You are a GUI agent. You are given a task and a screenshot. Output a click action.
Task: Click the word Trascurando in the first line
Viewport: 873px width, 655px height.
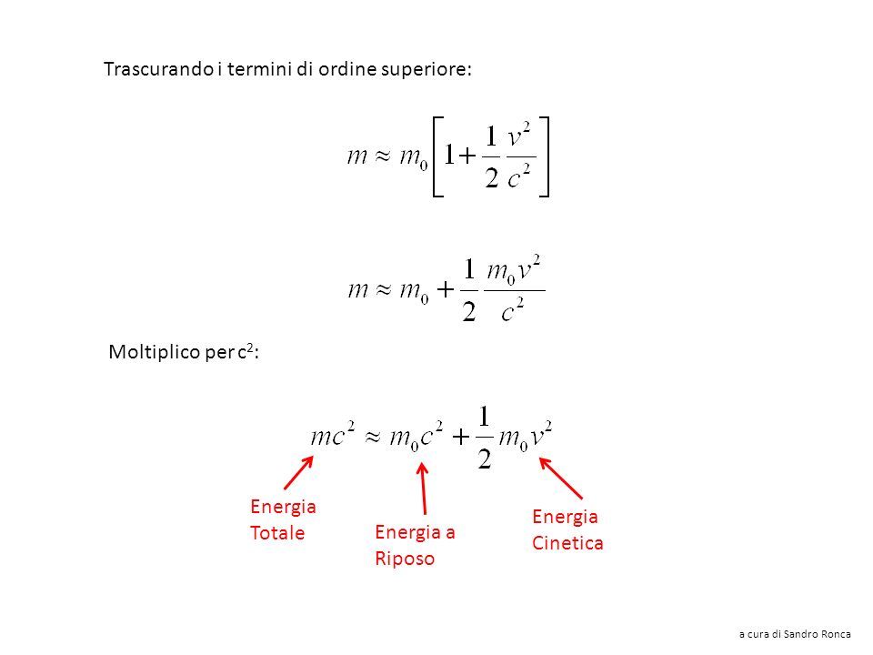tap(158, 69)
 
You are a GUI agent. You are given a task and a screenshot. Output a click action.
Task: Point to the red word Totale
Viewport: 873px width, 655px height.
tap(277, 532)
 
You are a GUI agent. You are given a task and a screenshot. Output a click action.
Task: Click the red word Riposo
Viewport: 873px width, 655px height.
tap(405, 559)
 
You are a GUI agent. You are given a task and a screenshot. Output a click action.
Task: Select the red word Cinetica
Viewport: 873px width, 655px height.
tap(567, 542)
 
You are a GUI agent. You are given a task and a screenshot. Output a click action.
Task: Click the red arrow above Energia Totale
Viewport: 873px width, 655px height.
tap(299, 473)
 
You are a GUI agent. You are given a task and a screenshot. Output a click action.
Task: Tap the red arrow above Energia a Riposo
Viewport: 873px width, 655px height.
tap(423, 489)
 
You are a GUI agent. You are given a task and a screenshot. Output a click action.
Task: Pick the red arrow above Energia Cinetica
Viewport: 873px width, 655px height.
tap(561, 478)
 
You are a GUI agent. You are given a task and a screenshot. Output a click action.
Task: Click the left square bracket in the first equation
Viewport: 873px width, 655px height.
tap(437, 156)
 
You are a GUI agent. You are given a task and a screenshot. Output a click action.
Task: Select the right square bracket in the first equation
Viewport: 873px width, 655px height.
tap(544, 156)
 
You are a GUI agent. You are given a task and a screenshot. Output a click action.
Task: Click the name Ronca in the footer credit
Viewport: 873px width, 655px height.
tap(836, 634)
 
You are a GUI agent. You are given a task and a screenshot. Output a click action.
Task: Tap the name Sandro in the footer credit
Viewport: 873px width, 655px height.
tap(800, 634)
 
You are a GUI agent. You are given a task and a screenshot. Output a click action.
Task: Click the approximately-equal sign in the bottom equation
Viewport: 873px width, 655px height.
tap(373, 437)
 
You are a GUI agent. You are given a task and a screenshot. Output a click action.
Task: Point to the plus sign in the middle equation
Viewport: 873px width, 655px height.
tap(446, 289)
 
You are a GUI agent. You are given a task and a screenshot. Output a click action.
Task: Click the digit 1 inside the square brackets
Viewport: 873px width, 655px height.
tap(449, 155)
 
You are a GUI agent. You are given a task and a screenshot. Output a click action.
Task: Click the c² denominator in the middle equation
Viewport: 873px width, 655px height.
tap(512, 309)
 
